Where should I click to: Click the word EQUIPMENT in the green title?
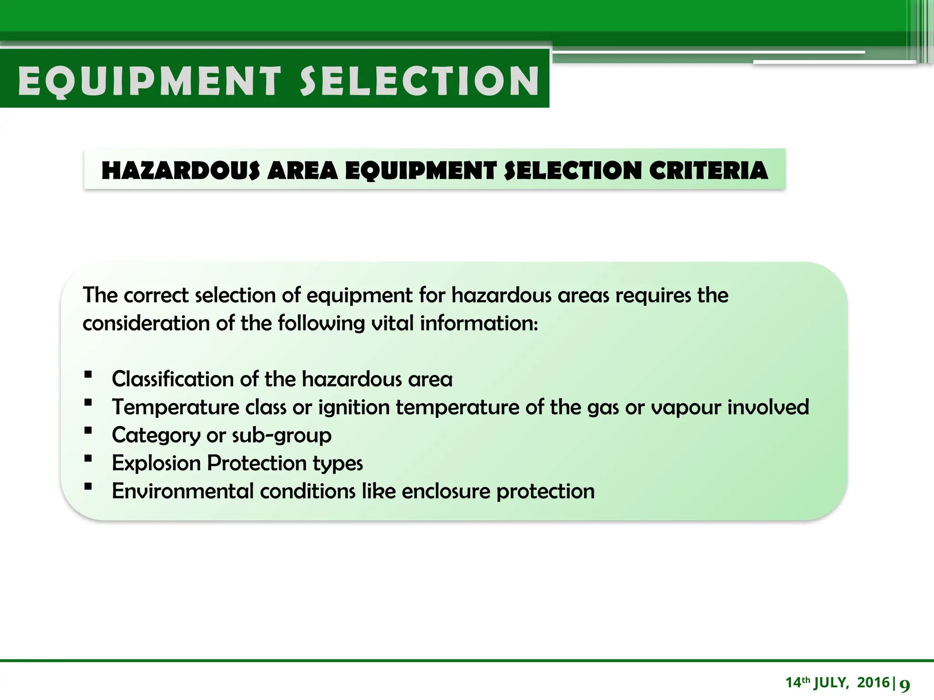coord(149,81)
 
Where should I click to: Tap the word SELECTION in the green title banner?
coord(420,81)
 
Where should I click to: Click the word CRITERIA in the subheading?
coord(708,171)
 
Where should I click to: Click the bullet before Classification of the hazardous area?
coord(88,376)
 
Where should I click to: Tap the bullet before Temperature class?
coord(88,403)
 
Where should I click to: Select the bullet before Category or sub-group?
coord(88,431)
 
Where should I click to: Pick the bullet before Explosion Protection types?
coord(88,459)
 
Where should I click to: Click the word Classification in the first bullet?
coord(172,379)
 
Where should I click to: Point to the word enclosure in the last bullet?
coord(446,491)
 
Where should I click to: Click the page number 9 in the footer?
coord(904,685)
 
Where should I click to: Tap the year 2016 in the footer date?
coord(873,683)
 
